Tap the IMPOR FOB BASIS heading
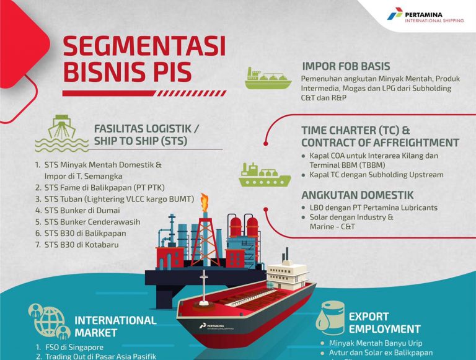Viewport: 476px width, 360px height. click(346, 66)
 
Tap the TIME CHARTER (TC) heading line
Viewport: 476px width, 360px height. click(356, 131)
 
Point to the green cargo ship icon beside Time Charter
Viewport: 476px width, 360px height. click(264, 175)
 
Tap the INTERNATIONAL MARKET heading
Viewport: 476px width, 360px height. click(115, 326)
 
